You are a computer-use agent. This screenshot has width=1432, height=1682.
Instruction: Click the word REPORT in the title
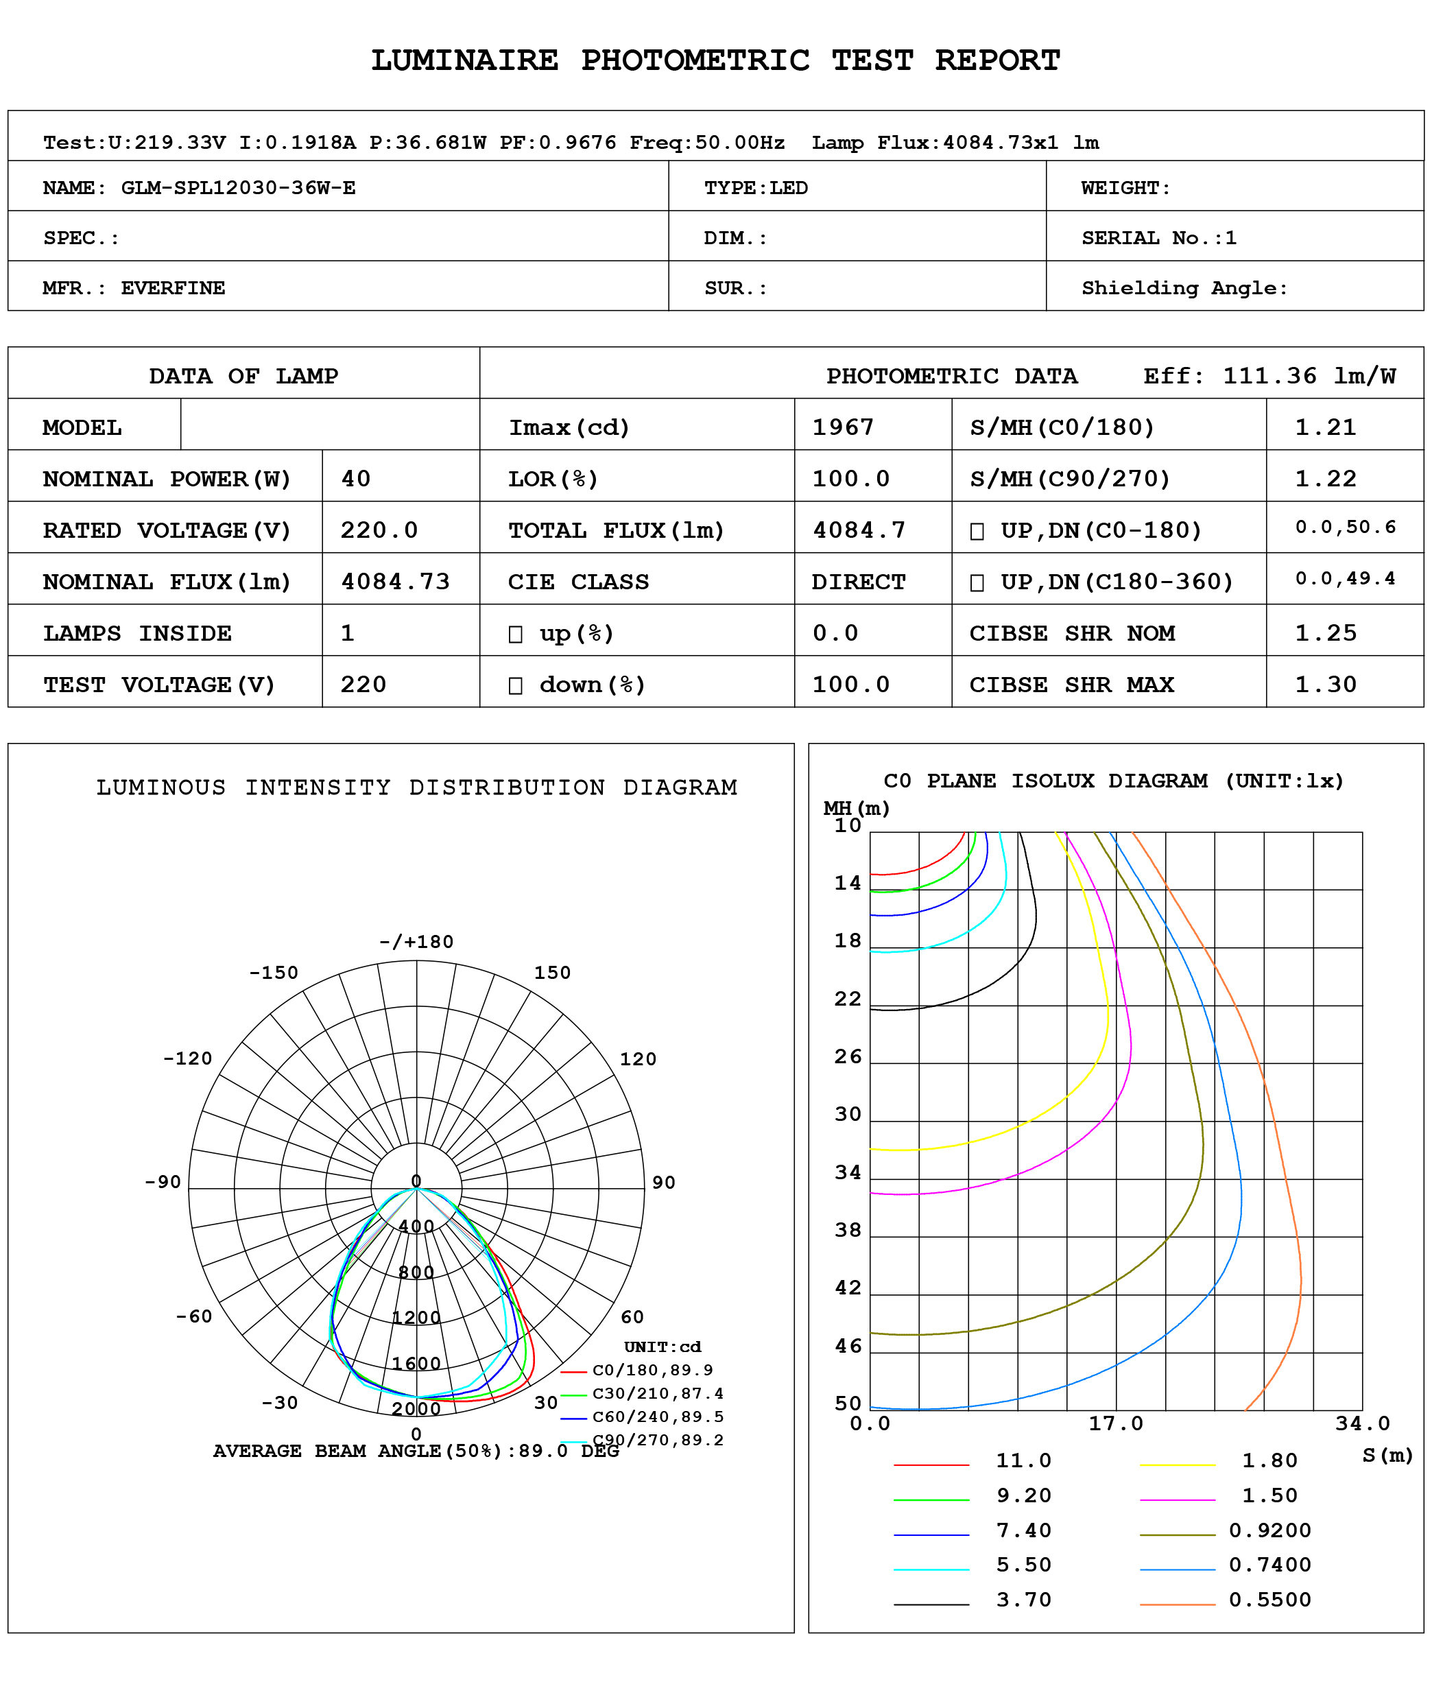[x=997, y=61]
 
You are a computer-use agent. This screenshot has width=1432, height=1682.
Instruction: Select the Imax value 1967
[x=843, y=427]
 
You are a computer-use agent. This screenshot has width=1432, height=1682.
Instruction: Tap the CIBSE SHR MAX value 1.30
[x=1325, y=685]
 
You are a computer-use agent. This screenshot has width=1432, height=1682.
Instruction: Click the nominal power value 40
[x=355, y=479]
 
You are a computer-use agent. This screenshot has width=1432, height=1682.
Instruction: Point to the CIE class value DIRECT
[x=858, y=582]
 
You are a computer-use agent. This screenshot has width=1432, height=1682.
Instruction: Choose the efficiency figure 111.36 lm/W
[x=1309, y=376]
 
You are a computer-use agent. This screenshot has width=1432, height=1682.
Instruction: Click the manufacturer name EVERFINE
[x=173, y=288]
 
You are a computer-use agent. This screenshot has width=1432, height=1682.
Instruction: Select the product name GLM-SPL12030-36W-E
[x=238, y=189]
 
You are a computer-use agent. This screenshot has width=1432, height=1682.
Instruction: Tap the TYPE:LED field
[x=756, y=189]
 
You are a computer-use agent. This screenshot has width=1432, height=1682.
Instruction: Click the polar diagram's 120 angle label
[x=637, y=1059]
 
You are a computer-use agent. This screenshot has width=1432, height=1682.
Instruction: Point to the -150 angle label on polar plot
[x=274, y=973]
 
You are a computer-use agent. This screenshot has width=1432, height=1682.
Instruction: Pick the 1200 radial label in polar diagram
[x=416, y=1318]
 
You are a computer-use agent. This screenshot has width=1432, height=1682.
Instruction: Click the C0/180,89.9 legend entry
[x=652, y=1371]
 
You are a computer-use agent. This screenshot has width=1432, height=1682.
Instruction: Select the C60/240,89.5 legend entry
[x=658, y=1417]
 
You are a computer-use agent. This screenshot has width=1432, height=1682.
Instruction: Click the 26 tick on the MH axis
[x=848, y=1057]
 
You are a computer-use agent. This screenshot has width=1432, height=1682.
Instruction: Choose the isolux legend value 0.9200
[x=1269, y=1530]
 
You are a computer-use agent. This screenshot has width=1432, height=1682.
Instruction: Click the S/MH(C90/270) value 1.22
[x=1325, y=479]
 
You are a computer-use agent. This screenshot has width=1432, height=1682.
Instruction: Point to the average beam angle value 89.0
[x=543, y=1451]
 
